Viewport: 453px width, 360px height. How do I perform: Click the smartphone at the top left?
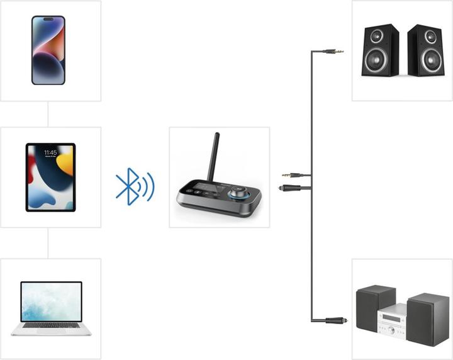click(x=48, y=50)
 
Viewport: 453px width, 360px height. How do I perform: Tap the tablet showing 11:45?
click(x=50, y=177)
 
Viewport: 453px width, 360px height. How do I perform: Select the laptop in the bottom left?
click(x=51, y=308)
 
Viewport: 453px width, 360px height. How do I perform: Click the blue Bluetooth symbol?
click(x=128, y=186)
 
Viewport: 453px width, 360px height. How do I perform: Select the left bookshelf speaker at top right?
click(x=379, y=50)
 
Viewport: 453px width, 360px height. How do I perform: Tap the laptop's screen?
click(x=51, y=302)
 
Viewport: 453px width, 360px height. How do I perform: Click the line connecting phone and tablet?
click(x=48, y=114)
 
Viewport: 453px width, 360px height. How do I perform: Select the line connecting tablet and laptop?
click(x=48, y=243)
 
